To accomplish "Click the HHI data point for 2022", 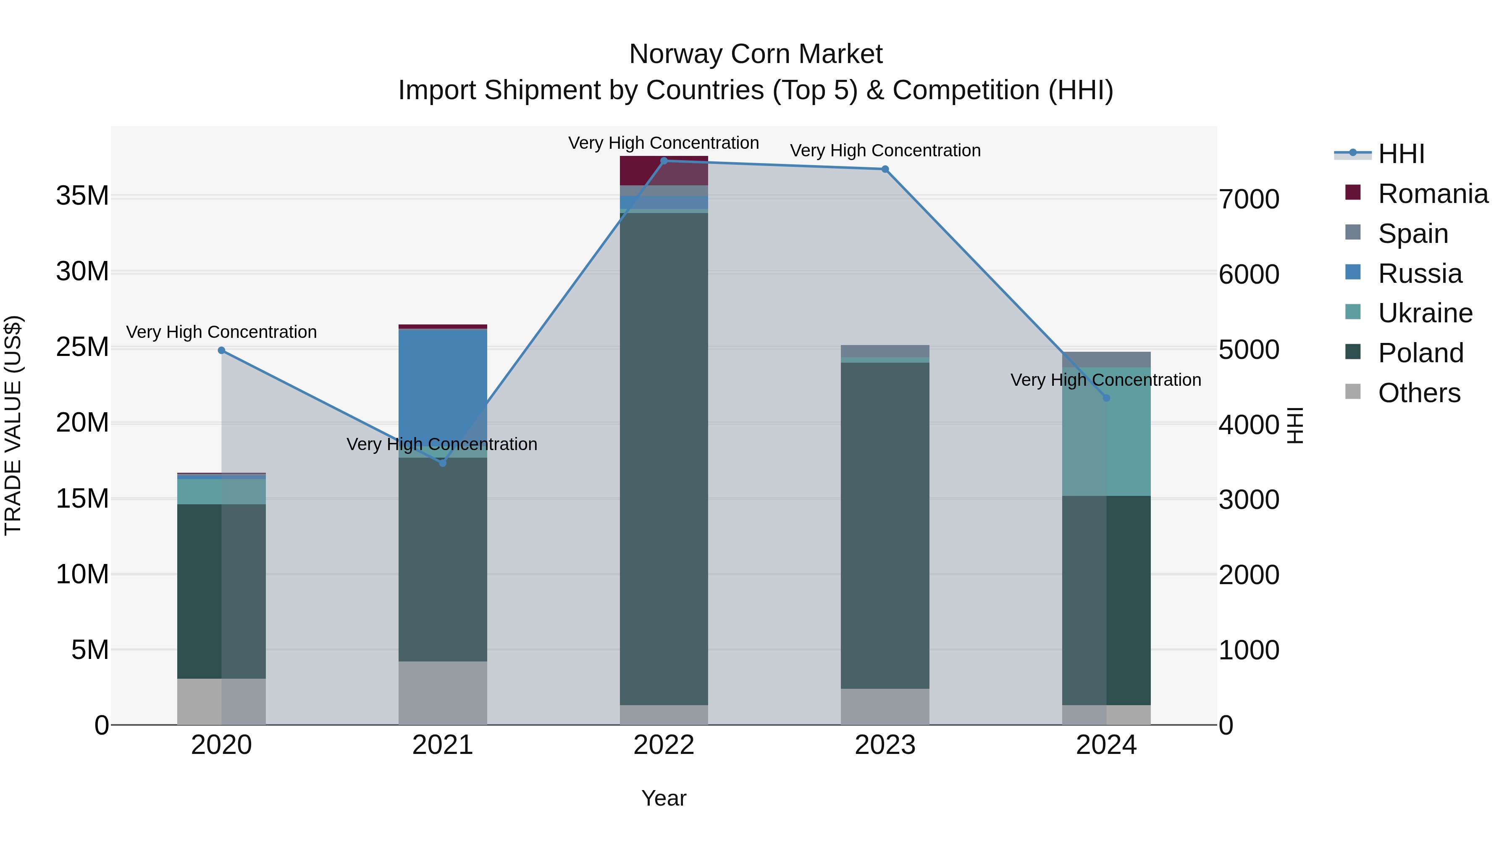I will coord(664,161).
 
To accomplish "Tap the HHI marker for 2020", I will coord(221,350).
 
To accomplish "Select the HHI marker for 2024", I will coord(1106,398).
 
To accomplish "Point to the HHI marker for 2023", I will coord(885,169).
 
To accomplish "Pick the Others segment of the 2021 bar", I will coord(443,693).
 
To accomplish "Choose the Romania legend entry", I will coord(1433,194).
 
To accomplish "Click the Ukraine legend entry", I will coord(1425,313).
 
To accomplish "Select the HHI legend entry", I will coord(1401,154).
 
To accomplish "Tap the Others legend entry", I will coord(1419,393).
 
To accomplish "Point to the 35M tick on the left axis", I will coord(82,195).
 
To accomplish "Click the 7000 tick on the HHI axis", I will coord(1249,199).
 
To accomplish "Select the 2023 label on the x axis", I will coord(885,745).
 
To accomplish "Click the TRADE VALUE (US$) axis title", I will coord(13,425).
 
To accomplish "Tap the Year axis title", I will coord(664,798).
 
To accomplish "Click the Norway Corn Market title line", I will coord(756,54).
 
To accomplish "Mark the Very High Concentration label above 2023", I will coord(885,150).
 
